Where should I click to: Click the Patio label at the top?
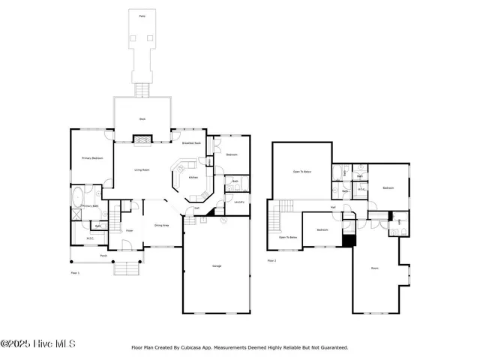coord(142,16)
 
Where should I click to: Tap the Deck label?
coord(142,118)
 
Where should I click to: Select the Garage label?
coord(217,266)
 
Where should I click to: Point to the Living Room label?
coord(142,170)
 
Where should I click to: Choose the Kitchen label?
coord(193,178)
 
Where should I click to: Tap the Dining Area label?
coord(161,225)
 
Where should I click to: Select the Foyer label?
coord(129,231)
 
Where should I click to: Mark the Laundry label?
coord(240,202)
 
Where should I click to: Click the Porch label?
coord(103,256)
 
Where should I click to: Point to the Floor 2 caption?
coord(271,261)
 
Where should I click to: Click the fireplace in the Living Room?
coord(142,139)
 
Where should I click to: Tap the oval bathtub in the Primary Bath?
coord(78,198)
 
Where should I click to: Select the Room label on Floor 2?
coord(375,268)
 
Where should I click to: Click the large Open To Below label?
coord(302,172)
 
